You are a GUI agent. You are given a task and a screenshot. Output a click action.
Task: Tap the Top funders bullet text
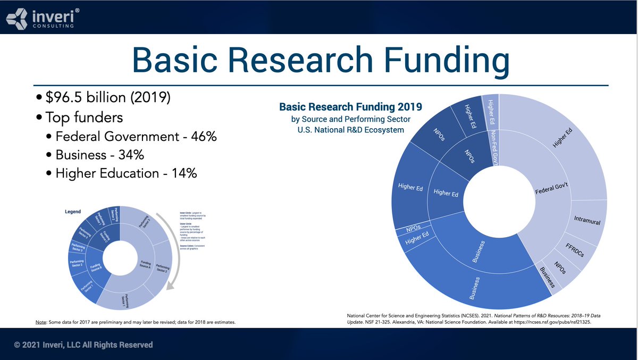(86, 118)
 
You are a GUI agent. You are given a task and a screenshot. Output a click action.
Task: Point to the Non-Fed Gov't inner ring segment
(493, 147)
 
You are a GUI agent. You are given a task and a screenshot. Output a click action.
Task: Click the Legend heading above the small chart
(73, 212)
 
